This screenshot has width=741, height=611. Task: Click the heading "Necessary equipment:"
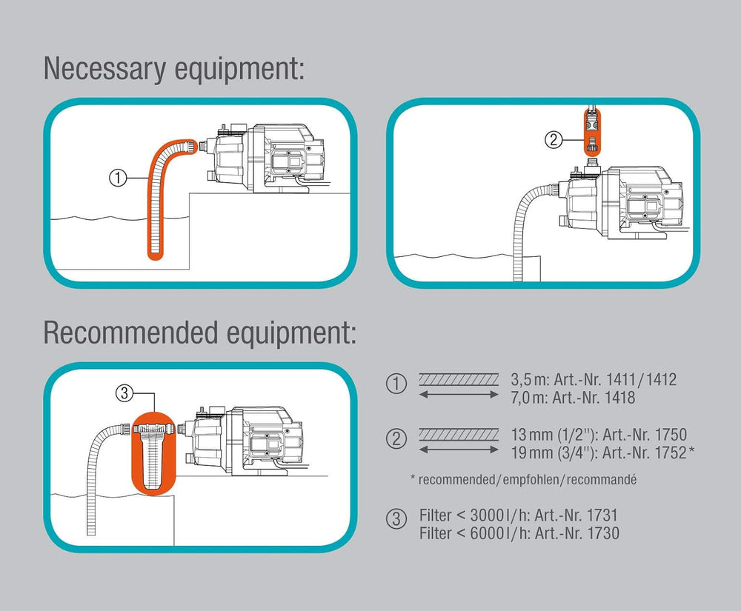pos(174,68)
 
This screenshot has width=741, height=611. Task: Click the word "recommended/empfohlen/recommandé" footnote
pos(528,479)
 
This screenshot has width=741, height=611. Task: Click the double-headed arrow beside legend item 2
pos(458,449)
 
